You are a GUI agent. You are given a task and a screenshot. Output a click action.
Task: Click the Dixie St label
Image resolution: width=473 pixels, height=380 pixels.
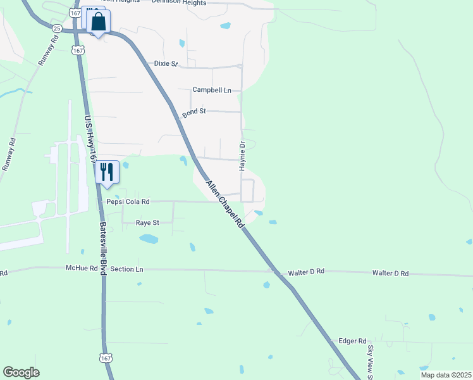coord(166,64)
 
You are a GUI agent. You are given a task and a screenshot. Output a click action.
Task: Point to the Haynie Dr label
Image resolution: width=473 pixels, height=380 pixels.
coord(242,156)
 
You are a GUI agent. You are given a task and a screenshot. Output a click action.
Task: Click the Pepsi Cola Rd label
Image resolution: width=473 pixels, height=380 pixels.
coord(128,201)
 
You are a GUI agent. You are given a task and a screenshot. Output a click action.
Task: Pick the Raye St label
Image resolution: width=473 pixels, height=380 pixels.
coord(147,222)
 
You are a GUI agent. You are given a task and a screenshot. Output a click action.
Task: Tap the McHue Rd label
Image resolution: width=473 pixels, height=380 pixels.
coord(82,269)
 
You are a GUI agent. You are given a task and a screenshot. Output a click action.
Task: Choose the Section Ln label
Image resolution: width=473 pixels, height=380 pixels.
coord(126,269)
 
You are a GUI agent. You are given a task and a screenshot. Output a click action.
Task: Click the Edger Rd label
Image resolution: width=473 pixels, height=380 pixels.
coord(352,340)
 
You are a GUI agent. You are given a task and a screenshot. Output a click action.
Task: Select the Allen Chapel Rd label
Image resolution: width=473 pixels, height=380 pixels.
coord(224,204)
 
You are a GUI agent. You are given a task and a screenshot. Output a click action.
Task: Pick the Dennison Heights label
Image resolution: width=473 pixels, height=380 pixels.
coord(179,3)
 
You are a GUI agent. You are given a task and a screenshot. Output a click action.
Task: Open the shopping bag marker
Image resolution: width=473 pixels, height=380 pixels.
coord(99,22)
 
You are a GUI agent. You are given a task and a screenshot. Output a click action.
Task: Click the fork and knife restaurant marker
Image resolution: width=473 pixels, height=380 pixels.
coord(106,172)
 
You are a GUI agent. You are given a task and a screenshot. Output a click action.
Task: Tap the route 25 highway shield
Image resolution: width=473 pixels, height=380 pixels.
coord(57,28)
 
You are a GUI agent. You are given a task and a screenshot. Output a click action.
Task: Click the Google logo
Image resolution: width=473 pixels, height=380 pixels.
coord(21,372)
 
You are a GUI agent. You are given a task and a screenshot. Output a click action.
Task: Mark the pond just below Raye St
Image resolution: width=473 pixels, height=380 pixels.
coord(149,239)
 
